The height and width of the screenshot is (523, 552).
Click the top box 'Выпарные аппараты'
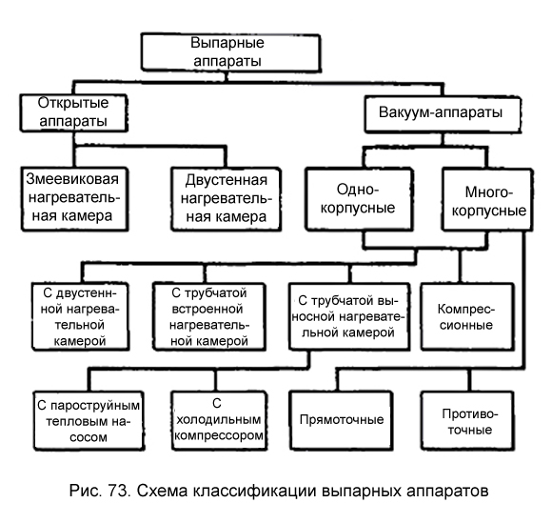[x=231, y=52]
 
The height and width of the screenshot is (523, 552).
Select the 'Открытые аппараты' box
[x=73, y=112]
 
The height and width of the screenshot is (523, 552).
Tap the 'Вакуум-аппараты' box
[x=443, y=114]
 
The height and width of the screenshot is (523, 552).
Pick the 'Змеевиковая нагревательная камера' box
[x=74, y=199]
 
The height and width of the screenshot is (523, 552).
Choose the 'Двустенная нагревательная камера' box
[x=226, y=199]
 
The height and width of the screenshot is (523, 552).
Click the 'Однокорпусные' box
[x=359, y=199]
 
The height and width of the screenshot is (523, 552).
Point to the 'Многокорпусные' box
[x=487, y=200]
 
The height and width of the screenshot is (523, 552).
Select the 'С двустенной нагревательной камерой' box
[x=80, y=316]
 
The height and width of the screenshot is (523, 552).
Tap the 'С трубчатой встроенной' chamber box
[x=209, y=316]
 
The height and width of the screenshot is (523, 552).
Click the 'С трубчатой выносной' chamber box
[x=349, y=316]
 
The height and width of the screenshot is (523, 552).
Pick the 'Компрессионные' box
[x=467, y=316]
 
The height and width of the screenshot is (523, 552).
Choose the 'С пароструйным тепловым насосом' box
[x=89, y=421]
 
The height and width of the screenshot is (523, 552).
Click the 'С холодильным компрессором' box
[x=219, y=421]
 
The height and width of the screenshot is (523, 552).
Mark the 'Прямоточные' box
[x=341, y=421]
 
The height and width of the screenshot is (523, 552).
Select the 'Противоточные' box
[x=467, y=421]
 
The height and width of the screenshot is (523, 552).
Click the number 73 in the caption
[x=120, y=491]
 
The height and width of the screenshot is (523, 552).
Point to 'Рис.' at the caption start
[x=86, y=492]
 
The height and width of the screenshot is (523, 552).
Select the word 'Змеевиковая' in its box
[x=72, y=179]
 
